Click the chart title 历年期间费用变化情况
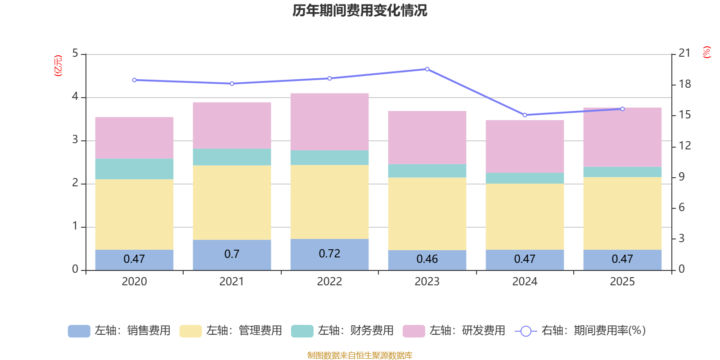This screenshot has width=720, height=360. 360,11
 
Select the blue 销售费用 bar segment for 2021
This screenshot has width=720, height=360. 232,255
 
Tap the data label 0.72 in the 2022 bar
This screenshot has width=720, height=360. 329,254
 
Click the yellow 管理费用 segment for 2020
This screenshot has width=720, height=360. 135,214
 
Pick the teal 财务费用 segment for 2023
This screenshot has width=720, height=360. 427,171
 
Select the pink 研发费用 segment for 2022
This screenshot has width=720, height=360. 329,122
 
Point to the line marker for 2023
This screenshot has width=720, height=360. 427,69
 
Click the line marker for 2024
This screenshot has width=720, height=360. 525,115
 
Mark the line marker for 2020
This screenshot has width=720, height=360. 135,80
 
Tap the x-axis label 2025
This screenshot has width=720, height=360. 622,282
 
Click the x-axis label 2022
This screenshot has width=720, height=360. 329,282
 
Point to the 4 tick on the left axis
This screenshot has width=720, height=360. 75,96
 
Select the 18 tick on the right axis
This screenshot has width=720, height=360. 684,84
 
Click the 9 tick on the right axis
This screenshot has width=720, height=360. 681,177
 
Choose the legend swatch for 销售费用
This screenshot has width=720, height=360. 79,331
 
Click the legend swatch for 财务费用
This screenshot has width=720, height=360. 302,331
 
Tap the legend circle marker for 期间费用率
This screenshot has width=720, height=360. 526,331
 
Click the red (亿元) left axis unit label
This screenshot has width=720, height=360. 58,66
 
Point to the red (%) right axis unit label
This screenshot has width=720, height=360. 706,52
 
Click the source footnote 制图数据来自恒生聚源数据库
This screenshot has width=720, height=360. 360,355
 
